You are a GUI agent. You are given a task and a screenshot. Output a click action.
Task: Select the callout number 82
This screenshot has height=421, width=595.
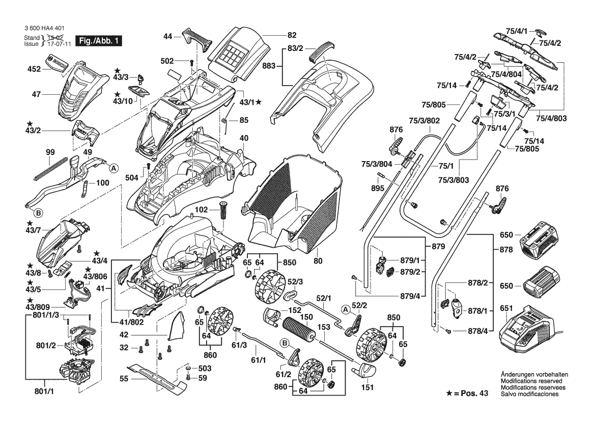(292, 35)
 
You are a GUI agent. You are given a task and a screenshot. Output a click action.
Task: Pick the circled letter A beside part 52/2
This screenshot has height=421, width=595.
(346, 309)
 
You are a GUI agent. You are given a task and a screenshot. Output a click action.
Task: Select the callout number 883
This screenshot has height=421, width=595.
(269, 66)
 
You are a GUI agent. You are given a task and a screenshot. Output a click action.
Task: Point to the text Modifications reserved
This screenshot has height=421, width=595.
(531, 381)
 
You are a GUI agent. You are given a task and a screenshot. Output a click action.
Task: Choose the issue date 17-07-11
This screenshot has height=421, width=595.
(60, 44)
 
